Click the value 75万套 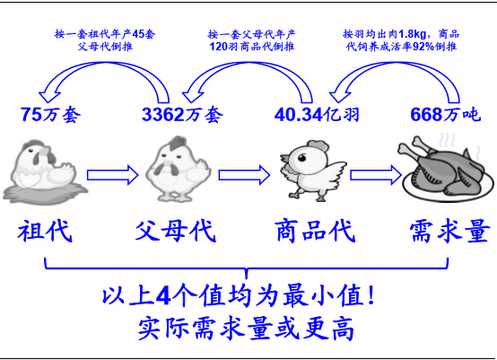point(51,115)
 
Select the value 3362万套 point(182,115)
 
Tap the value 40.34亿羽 point(317,115)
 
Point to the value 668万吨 point(446,115)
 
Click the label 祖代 point(45,231)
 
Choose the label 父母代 point(176,231)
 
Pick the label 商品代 point(316,231)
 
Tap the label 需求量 point(449,231)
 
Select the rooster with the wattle point(179,169)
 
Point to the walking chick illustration point(313,171)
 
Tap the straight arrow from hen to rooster point(112,175)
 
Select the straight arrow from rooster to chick point(244,175)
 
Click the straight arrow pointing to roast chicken point(376,175)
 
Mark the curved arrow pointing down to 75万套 point(105,65)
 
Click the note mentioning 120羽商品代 point(251,40)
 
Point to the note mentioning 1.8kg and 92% point(401,40)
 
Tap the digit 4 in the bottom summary point(163,295)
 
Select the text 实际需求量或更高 point(246,329)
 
